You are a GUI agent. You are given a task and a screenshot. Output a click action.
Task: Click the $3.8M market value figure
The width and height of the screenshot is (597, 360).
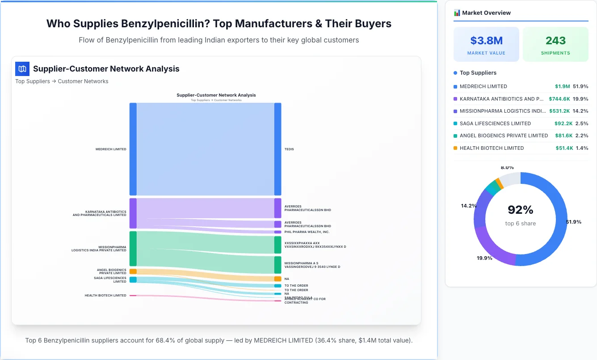[486, 41]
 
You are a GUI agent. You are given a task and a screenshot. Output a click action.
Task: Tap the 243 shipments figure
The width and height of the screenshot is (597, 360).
[555, 41]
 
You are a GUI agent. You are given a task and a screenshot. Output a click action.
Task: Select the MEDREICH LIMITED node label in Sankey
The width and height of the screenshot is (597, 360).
[111, 149]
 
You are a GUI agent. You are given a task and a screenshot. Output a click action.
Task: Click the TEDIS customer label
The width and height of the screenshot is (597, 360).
[289, 149]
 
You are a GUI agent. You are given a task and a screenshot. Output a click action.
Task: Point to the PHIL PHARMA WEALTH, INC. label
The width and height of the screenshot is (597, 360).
[307, 232]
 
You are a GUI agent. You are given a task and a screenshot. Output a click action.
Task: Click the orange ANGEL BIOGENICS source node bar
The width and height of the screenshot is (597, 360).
[133, 271]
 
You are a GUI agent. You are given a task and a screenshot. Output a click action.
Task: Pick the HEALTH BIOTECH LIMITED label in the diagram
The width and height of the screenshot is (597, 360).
[105, 296]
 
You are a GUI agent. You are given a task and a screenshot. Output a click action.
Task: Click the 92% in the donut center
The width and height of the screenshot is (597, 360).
[521, 210]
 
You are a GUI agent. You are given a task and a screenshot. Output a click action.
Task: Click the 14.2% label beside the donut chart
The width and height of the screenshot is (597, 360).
[469, 206]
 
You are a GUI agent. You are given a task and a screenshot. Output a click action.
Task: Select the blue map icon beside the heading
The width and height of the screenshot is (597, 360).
[22, 69]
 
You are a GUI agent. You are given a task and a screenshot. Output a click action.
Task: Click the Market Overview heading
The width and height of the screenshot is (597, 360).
[486, 13]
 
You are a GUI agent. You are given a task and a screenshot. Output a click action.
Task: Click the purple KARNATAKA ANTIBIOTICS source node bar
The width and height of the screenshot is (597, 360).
[133, 213]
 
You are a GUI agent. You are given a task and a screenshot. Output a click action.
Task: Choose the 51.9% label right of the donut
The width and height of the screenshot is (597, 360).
[573, 222]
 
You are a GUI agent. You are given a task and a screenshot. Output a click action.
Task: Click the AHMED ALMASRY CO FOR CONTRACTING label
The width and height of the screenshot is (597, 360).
[305, 301]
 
